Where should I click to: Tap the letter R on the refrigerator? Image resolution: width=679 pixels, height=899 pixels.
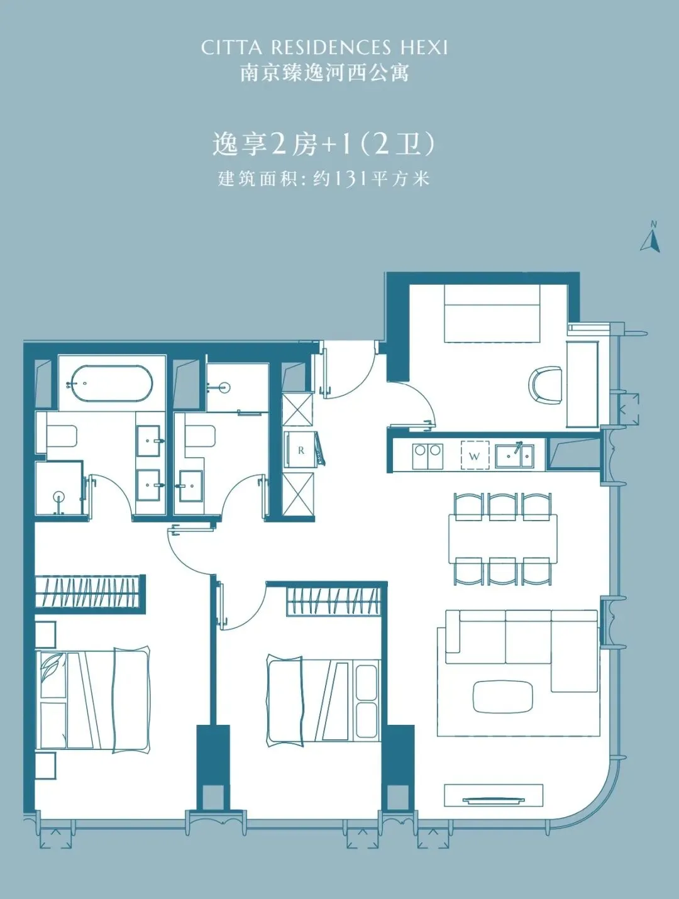pos(301,451)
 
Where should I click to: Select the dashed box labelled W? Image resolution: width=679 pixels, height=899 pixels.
pos(475,455)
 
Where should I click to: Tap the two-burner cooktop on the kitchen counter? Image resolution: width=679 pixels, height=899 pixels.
pos(428,456)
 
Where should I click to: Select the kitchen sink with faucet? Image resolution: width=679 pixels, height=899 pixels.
pos(514,455)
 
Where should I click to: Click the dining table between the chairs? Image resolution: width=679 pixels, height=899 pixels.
pos(503,539)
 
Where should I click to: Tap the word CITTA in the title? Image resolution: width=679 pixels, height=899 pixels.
pos(231,48)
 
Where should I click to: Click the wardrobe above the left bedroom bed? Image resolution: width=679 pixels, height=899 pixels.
pos(90,592)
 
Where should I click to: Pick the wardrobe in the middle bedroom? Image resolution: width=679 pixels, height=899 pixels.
pos(333,601)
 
